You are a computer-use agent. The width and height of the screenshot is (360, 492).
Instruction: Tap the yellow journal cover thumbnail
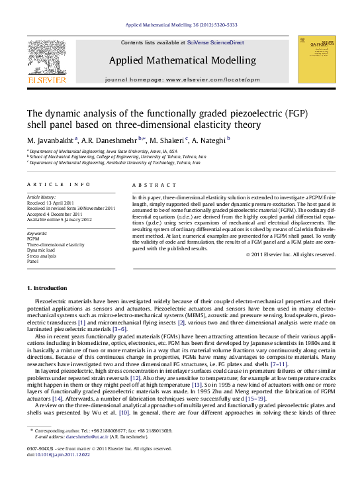(x=317, y=60)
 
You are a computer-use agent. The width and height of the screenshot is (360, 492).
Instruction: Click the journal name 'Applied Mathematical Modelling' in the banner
(x=182, y=60)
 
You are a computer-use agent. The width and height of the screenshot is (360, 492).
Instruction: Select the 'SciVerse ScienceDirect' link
(x=215, y=42)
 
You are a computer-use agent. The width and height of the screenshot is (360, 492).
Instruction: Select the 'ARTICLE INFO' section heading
(x=58, y=184)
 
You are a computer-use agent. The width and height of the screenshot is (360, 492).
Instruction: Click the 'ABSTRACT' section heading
(x=154, y=185)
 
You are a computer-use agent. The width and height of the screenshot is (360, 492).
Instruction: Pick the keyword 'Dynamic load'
(x=40, y=250)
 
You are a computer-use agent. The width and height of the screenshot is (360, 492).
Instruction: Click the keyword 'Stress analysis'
(x=42, y=256)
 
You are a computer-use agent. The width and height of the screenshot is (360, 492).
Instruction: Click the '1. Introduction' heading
(x=46, y=289)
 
